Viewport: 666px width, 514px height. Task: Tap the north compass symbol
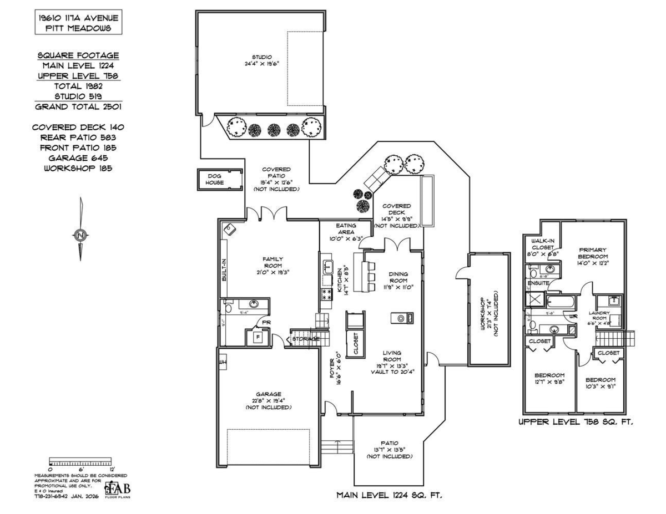point(81,235)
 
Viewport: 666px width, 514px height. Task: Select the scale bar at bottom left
point(81,461)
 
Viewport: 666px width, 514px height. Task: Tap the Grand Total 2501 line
point(78,106)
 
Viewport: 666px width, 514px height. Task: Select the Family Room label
point(273,262)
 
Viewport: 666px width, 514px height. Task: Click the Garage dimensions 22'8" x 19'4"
point(269,400)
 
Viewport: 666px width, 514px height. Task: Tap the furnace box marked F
point(258,336)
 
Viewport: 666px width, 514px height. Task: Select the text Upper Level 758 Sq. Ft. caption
point(576,422)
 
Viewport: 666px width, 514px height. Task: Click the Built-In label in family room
point(224,270)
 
